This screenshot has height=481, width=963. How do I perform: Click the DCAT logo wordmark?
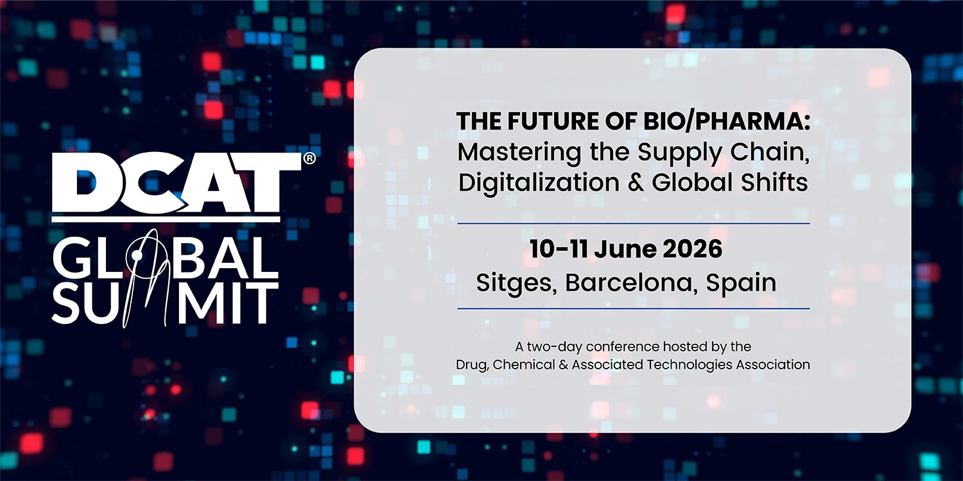pos(177,183)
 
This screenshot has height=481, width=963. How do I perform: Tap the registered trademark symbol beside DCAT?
pos(309,158)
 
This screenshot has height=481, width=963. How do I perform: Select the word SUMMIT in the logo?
pos(166,303)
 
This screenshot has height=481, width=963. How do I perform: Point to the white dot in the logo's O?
pos(137,256)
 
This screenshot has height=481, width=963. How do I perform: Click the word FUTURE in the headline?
pos(550,121)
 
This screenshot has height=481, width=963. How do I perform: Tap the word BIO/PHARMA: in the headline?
pos(727,122)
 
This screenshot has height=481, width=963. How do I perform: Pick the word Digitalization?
pos(539,183)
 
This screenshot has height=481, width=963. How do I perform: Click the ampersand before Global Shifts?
pos(636,183)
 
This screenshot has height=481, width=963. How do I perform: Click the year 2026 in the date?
pos(692,249)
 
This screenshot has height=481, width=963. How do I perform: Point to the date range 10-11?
pos(559,249)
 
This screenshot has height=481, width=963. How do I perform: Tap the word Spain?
pos(741,283)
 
